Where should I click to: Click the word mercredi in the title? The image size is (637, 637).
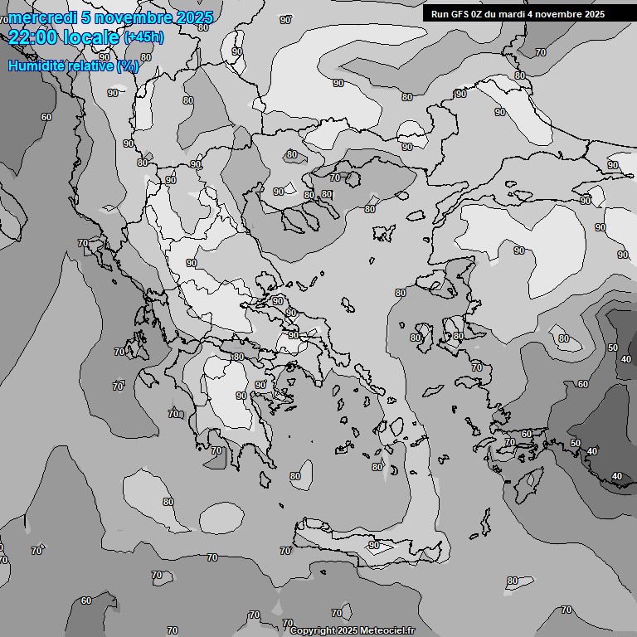point(41,17)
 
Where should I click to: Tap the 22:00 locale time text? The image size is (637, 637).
point(64,36)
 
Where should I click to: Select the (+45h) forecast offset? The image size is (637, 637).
point(143,36)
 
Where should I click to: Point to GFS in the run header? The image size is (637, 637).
point(466,13)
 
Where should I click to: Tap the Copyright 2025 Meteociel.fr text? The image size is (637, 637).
point(353,630)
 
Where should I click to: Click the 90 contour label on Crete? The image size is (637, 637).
point(374,545)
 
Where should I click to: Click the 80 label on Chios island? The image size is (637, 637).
point(415,338)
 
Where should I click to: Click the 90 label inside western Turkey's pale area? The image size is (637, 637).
point(518,250)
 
